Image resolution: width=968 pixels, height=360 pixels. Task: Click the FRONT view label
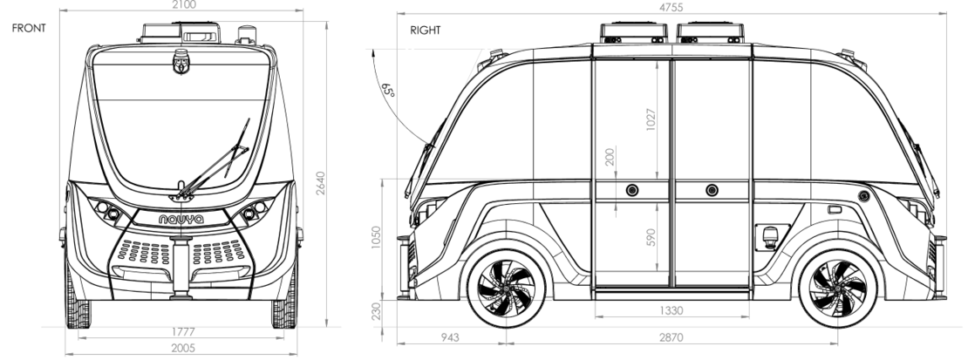pyautogui.click(x=29, y=28)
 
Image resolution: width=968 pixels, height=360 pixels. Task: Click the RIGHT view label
pyautogui.click(x=426, y=31)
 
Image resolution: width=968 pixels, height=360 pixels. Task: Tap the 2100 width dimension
pyautogui.click(x=184, y=5)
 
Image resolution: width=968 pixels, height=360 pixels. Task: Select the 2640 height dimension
pyautogui.click(x=320, y=183)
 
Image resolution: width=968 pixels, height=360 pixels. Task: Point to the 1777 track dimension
pyautogui.click(x=182, y=332)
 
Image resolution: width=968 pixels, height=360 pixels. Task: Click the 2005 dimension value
pyautogui.click(x=182, y=349)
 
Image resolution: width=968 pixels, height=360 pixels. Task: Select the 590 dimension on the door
pyautogui.click(x=651, y=238)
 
